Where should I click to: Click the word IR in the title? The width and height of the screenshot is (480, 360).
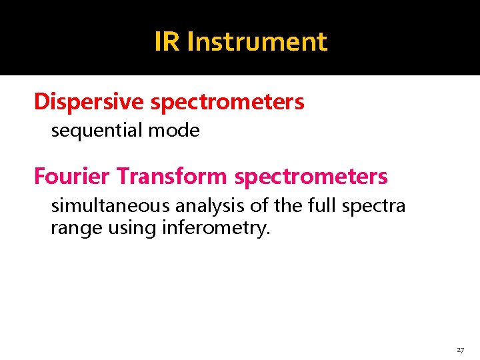pos(167,41)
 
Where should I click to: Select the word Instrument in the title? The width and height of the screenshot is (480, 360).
pos(257,41)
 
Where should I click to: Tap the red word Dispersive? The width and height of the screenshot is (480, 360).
pos(89,102)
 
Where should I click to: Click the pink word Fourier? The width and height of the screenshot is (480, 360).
pos(72,177)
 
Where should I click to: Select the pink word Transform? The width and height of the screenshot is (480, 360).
pos(172,177)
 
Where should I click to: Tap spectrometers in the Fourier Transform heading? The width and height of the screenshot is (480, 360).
pos(311,177)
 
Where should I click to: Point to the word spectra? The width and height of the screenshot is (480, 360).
pos(373,205)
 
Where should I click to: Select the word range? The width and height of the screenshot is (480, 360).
pos(70,229)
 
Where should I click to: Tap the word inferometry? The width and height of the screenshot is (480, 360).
pos(214,229)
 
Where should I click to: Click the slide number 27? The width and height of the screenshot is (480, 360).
pos(460,350)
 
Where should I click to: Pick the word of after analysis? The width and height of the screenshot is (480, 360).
pos(259,205)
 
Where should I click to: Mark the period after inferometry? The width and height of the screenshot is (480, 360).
pos(269,234)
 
